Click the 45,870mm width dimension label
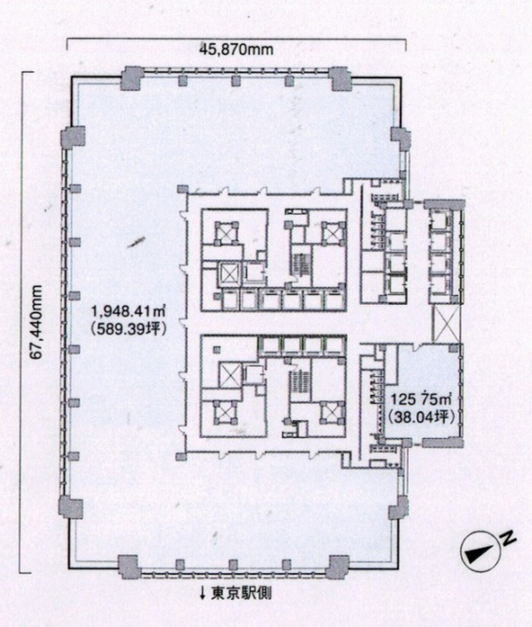(236, 50)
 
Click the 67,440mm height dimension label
(37, 323)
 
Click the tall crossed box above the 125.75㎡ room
(446, 324)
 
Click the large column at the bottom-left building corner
(130, 566)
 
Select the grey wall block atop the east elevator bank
(443, 204)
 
